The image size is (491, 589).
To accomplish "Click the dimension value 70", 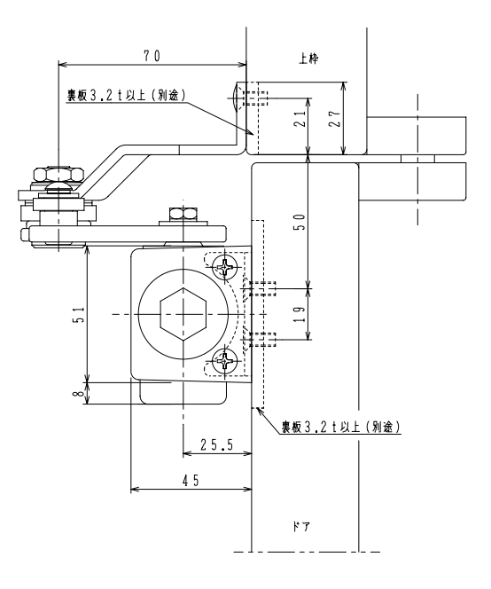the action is coord(152,56).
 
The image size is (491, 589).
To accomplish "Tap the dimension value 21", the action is coord(300,118).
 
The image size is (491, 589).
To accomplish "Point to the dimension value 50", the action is coord(300,222).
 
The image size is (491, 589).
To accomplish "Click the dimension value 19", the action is coord(300,314).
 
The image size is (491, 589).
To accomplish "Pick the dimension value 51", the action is coord(80,315).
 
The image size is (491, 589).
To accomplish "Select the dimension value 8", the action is coord(80,393).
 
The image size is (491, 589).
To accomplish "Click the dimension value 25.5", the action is coord(216,445).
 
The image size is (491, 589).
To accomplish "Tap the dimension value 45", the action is coord(191,481).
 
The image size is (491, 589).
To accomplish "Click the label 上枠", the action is coord(309,59).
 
